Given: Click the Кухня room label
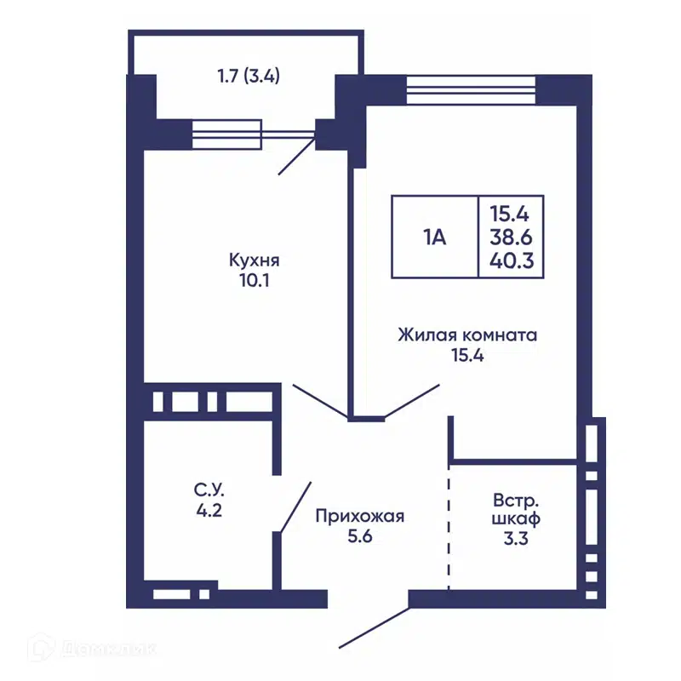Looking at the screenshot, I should click(255, 260).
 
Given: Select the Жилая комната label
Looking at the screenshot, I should click(467, 335).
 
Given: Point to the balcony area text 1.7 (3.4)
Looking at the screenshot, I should click(248, 75).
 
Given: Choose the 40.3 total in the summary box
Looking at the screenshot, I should click(511, 261).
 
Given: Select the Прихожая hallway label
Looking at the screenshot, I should click(358, 516).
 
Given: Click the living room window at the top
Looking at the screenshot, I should click(471, 87).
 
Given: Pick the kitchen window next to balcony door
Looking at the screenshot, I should click(226, 134).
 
